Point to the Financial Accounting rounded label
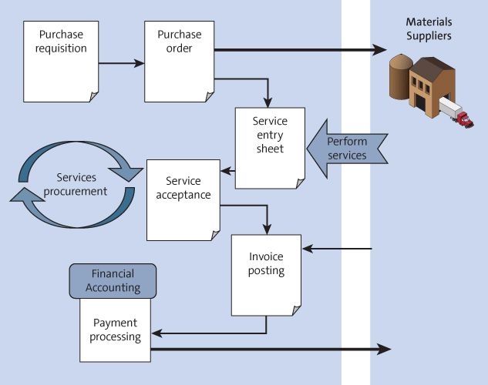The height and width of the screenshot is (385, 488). click(x=113, y=281)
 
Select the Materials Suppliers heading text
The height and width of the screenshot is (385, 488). click(x=429, y=29)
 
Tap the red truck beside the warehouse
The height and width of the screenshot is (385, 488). click(x=463, y=119)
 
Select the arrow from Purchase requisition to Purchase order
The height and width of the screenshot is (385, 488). click(x=122, y=62)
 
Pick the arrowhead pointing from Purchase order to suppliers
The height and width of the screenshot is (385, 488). click(x=379, y=50)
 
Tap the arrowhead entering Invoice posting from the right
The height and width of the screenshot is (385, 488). click(x=307, y=249)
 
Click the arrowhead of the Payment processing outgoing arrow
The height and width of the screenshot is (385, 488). click(x=384, y=350)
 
